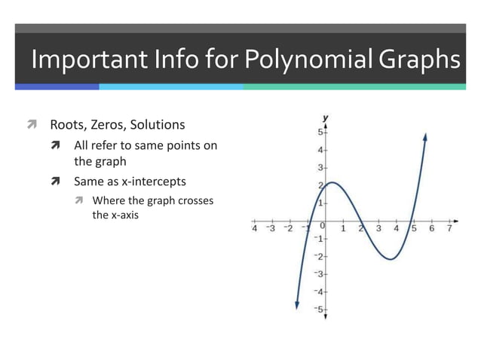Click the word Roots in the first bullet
[x=66, y=124]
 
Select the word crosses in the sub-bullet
[x=195, y=200]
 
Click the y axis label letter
[x=326, y=118]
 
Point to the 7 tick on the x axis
[x=450, y=228]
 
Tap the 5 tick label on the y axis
[x=319, y=133]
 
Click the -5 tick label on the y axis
[x=317, y=310]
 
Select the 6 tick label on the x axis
[x=432, y=228]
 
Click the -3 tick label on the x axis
[x=271, y=228]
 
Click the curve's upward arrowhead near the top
[x=426, y=136]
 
